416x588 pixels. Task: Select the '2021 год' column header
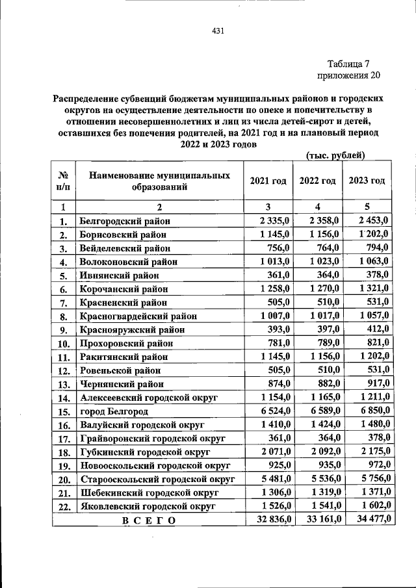point(268,181)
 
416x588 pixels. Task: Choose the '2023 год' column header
point(367,181)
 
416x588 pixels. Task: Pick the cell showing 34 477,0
point(367,519)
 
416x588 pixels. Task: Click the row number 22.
point(64,506)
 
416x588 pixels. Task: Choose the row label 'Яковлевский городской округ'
point(147,506)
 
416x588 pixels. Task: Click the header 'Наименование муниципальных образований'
point(159,181)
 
